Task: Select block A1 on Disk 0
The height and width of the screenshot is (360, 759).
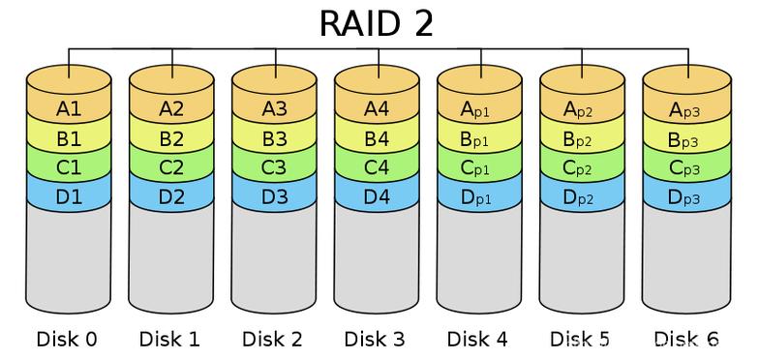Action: click(69, 109)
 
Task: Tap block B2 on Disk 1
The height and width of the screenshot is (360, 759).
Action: click(171, 138)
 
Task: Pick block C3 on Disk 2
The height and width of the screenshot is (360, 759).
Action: click(275, 167)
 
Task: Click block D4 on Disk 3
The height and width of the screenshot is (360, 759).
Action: click(378, 196)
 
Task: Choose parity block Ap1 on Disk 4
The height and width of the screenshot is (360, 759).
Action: click(480, 109)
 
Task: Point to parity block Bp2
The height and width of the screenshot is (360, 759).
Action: click(583, 138)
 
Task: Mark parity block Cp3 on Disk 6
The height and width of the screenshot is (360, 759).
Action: click(686, 167)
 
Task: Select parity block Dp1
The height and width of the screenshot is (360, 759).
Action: click(480, 196)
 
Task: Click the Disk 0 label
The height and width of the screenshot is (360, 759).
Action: click(67, 339)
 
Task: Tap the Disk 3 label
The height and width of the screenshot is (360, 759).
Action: click(376, 339)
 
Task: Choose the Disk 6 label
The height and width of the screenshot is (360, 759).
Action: click(685, 339)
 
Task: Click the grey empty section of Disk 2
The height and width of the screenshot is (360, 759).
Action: click(275, 256)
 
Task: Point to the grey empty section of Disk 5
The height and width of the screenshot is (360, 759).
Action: click(583, 256)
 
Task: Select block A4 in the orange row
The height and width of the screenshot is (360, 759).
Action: click(378, 109)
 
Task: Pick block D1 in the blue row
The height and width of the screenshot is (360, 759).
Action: click(69, 196)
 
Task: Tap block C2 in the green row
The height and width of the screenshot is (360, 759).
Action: click(171, 167)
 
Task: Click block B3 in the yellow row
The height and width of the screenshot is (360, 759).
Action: click(275, 138)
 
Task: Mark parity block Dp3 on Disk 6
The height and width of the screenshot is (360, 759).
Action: click(686, 196)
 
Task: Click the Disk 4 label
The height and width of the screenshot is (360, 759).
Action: click(479, 339)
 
